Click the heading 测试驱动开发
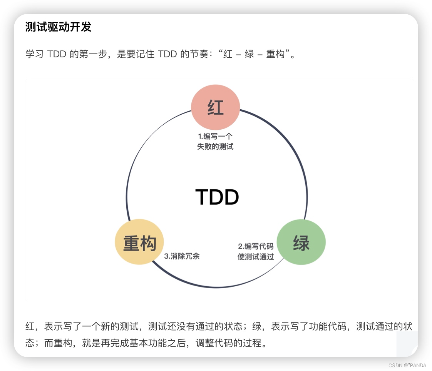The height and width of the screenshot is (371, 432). (x=58, y=27)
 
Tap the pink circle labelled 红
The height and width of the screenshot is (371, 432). (x=216, y=107)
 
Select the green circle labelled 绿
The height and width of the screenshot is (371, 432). (x=301, y=242)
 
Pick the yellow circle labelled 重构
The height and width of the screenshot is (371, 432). (x=139, y=242)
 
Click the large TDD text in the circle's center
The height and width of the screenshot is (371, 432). (x=217, y=197)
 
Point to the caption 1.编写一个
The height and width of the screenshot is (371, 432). (x=215, y=136)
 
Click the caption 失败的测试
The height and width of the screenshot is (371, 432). (x=215, y=147)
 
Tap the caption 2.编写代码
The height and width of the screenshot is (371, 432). (x=256, y=246)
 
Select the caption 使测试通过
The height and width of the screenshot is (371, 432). (x=256, y=256)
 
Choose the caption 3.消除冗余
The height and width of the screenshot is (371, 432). (x=182, y=256)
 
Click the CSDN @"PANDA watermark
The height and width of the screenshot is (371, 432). (x=407, y=365)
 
